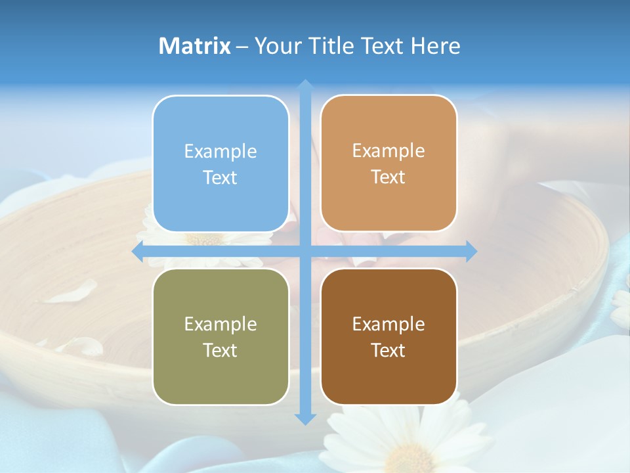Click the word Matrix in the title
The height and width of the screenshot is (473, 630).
(x=195, y=46)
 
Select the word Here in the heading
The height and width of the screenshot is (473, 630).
(x=435, y=46)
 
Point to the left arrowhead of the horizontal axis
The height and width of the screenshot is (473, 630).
(x=138, y=251)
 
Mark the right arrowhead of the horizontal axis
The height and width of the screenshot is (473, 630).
(x=471, y=251)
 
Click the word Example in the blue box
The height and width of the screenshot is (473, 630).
(x=220, y=152)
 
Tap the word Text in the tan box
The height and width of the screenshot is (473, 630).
(x=388, y=177)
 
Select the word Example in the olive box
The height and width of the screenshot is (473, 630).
(x=220, y=324)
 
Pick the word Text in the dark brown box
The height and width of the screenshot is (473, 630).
(x=388, y=350)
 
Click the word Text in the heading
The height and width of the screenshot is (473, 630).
(x=381, y=46)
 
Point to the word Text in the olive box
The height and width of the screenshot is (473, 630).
(x=220, y=350)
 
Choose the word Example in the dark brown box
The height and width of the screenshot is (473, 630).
(x=388, y=324)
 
